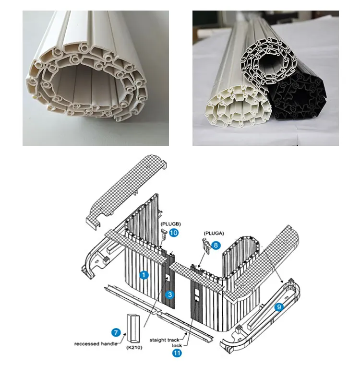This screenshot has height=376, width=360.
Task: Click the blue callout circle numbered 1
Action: pos(143,275)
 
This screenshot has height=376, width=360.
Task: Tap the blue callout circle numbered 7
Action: pos(115,332)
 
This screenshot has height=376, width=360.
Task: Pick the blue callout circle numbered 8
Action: pos(216,245)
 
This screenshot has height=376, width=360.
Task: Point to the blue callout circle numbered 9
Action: pos(278,306)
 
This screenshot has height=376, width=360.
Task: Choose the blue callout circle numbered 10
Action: pos(174,233)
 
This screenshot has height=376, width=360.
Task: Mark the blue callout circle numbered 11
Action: pos(177,353)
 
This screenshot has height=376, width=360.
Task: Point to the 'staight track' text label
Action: pos(164,340)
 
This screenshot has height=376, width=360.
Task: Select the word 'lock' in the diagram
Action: pos(177,345)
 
